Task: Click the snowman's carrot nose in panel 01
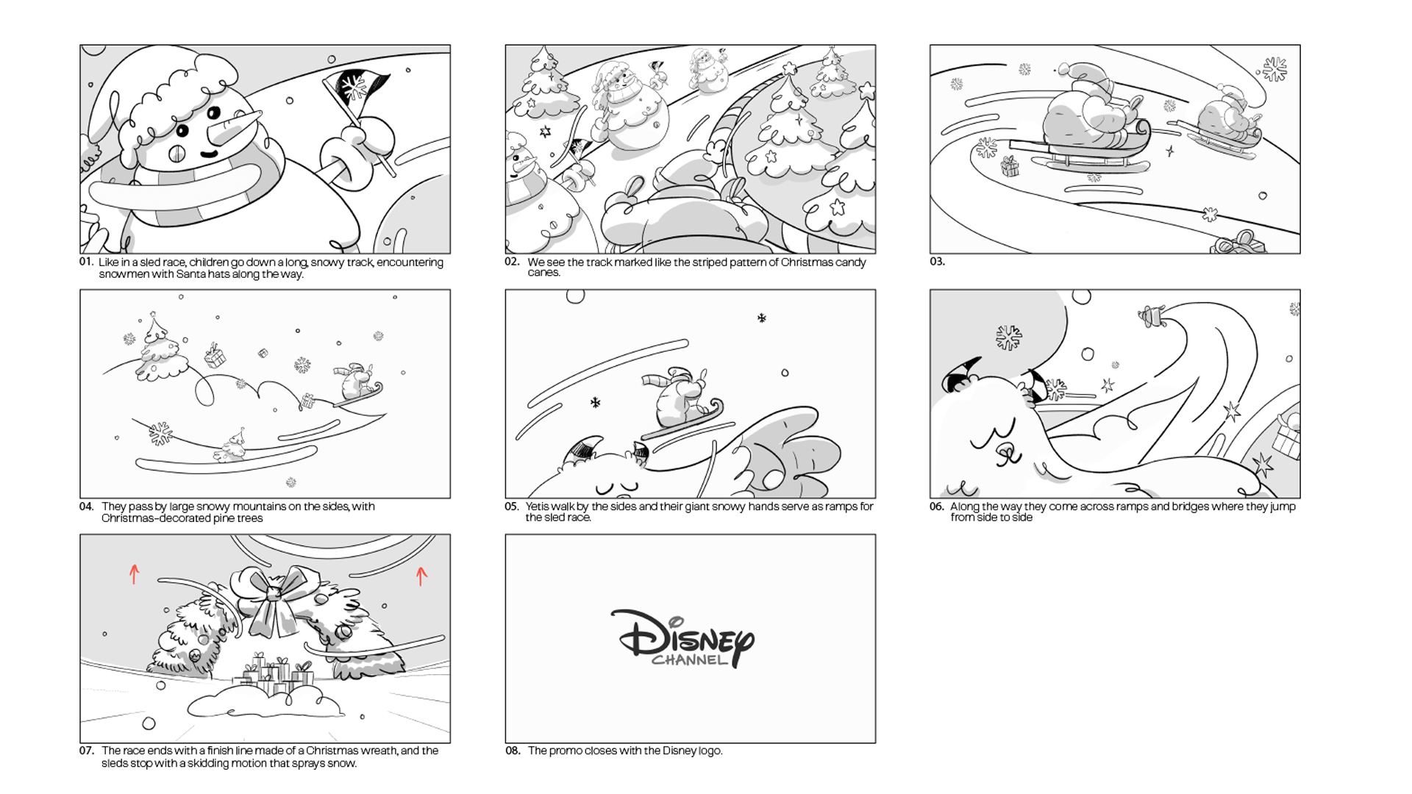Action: pos(233,128)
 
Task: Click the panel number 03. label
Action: pos(937,262)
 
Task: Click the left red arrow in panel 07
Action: pos(134,573)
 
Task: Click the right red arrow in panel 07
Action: pos(421,576)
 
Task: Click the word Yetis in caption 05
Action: pos(538,507)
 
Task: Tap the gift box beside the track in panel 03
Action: pos(1010,166)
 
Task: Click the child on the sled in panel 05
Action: pos(679,398)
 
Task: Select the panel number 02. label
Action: pos(512,262)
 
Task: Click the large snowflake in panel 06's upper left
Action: pos(1008,337)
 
